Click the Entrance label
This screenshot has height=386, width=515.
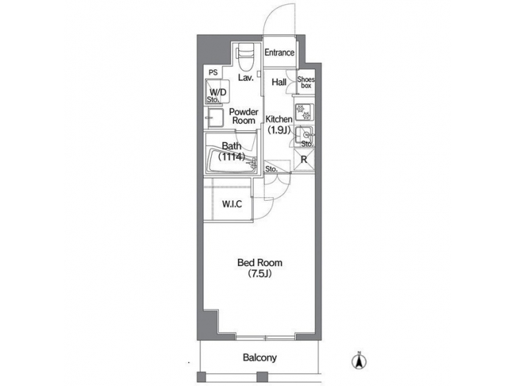[x=279, y=53]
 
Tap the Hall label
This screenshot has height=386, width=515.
[x=279, y=82]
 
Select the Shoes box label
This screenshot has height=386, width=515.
[x=305, y=82]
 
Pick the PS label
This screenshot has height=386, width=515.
[x=213, y=72]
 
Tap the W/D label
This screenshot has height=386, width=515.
[x=218, y=92]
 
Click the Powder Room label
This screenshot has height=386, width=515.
[x=243, y=117]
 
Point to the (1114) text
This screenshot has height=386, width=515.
[x=232, y=157]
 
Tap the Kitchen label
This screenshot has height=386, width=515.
[x=279, y=119]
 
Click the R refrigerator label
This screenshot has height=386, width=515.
[x=304, y=159]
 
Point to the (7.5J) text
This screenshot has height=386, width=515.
[x=257, y=274]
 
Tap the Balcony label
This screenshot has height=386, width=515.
[x=259, y=358]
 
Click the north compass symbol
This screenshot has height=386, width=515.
[x=359, y=361]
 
